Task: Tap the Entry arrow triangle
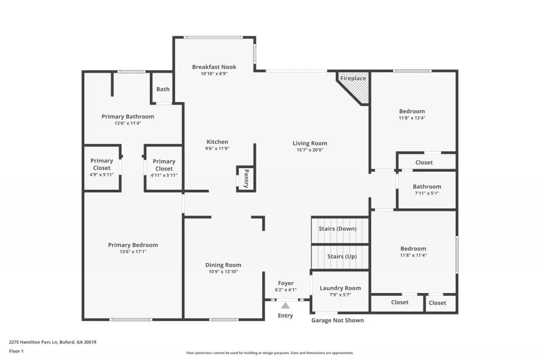285,305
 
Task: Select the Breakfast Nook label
214,67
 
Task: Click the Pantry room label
246,179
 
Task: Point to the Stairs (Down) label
337,229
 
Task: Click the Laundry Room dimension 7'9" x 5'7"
340,295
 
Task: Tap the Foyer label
286,283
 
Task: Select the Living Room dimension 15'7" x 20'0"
310,150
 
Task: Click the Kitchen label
217,142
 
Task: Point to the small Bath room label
163,89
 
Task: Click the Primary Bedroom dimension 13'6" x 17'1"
133,252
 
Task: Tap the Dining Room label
223,265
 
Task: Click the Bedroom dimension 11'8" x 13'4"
412,118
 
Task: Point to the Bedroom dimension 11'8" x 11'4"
413,256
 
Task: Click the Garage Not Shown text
337,320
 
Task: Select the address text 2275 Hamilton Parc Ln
53,342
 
